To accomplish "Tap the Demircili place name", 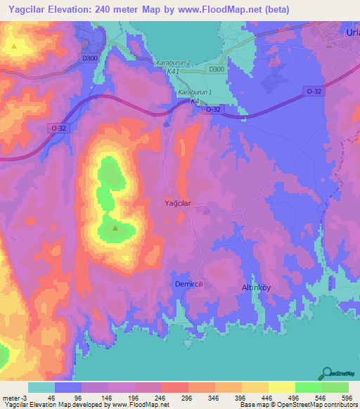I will click(188, 283).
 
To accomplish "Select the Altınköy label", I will click(256, 288).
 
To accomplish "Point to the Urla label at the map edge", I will click(352, 32).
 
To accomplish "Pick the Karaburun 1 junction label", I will click(194, 93).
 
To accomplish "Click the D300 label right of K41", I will click(216, 69).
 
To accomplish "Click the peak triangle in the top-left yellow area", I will click(15, 46).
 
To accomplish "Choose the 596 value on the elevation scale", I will click(347, 398).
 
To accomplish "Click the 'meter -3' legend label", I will click(13, 398).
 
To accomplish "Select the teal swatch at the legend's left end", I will click(41, 387).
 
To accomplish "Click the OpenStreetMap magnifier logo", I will click(327, 373).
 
